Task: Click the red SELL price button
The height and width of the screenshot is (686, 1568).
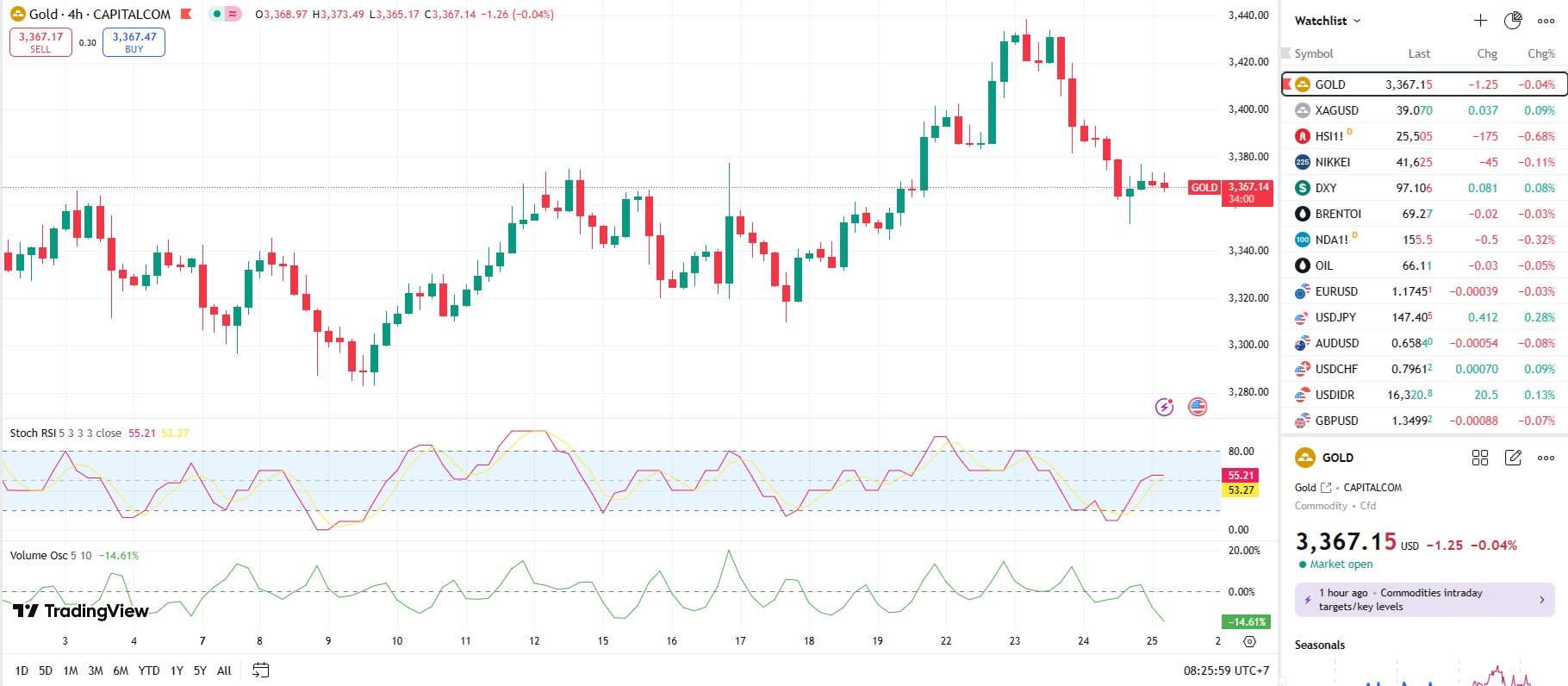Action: (x=40, y=42)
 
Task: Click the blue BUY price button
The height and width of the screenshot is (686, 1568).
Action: (x=134, y=42)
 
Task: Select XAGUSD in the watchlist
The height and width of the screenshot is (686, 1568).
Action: (x=1336, y=110)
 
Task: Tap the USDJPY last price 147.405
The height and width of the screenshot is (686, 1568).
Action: (x=1411, y=317)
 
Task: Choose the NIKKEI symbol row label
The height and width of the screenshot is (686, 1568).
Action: (x=1332, y=162)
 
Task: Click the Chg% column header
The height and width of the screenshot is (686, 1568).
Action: (x=1540, y=53)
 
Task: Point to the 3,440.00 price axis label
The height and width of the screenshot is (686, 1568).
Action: (x=1248, y=15)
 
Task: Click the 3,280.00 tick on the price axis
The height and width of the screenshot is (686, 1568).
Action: (x=1248, y=391)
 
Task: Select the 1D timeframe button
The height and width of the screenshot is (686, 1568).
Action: (x=22, y=670)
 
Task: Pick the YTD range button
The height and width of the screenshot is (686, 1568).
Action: (x=149, y=670)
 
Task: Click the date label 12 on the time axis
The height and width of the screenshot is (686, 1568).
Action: (x=534, y=640)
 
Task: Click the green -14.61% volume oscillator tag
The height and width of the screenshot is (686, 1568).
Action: (x=1246, y=621)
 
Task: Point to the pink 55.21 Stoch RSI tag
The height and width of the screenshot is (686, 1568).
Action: (x=1241, y=475)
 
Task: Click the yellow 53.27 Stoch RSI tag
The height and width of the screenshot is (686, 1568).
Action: (x=1241, y=490)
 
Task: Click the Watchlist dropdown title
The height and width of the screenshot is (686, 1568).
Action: (x=1327, y=21)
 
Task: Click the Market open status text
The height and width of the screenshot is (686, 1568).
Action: (x=1341, y=564)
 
